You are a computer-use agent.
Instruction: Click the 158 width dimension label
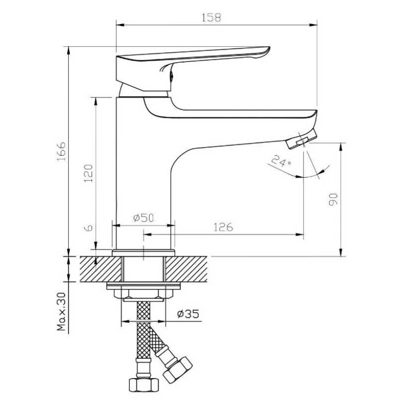click(211, 17)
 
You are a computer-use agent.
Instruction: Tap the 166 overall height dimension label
click(61, 152)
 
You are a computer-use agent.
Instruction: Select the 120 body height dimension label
click(89, 173)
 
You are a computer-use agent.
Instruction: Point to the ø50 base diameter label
click(144, 218)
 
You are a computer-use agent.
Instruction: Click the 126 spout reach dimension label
click(223, 227)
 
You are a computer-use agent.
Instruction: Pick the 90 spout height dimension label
click(333, 199)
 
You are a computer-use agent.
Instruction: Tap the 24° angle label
click(281, 161)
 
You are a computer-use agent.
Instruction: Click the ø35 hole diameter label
click(188, 314)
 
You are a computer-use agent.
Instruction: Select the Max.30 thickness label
click(61, 312)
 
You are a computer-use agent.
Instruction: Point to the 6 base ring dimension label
click(89, 228)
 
